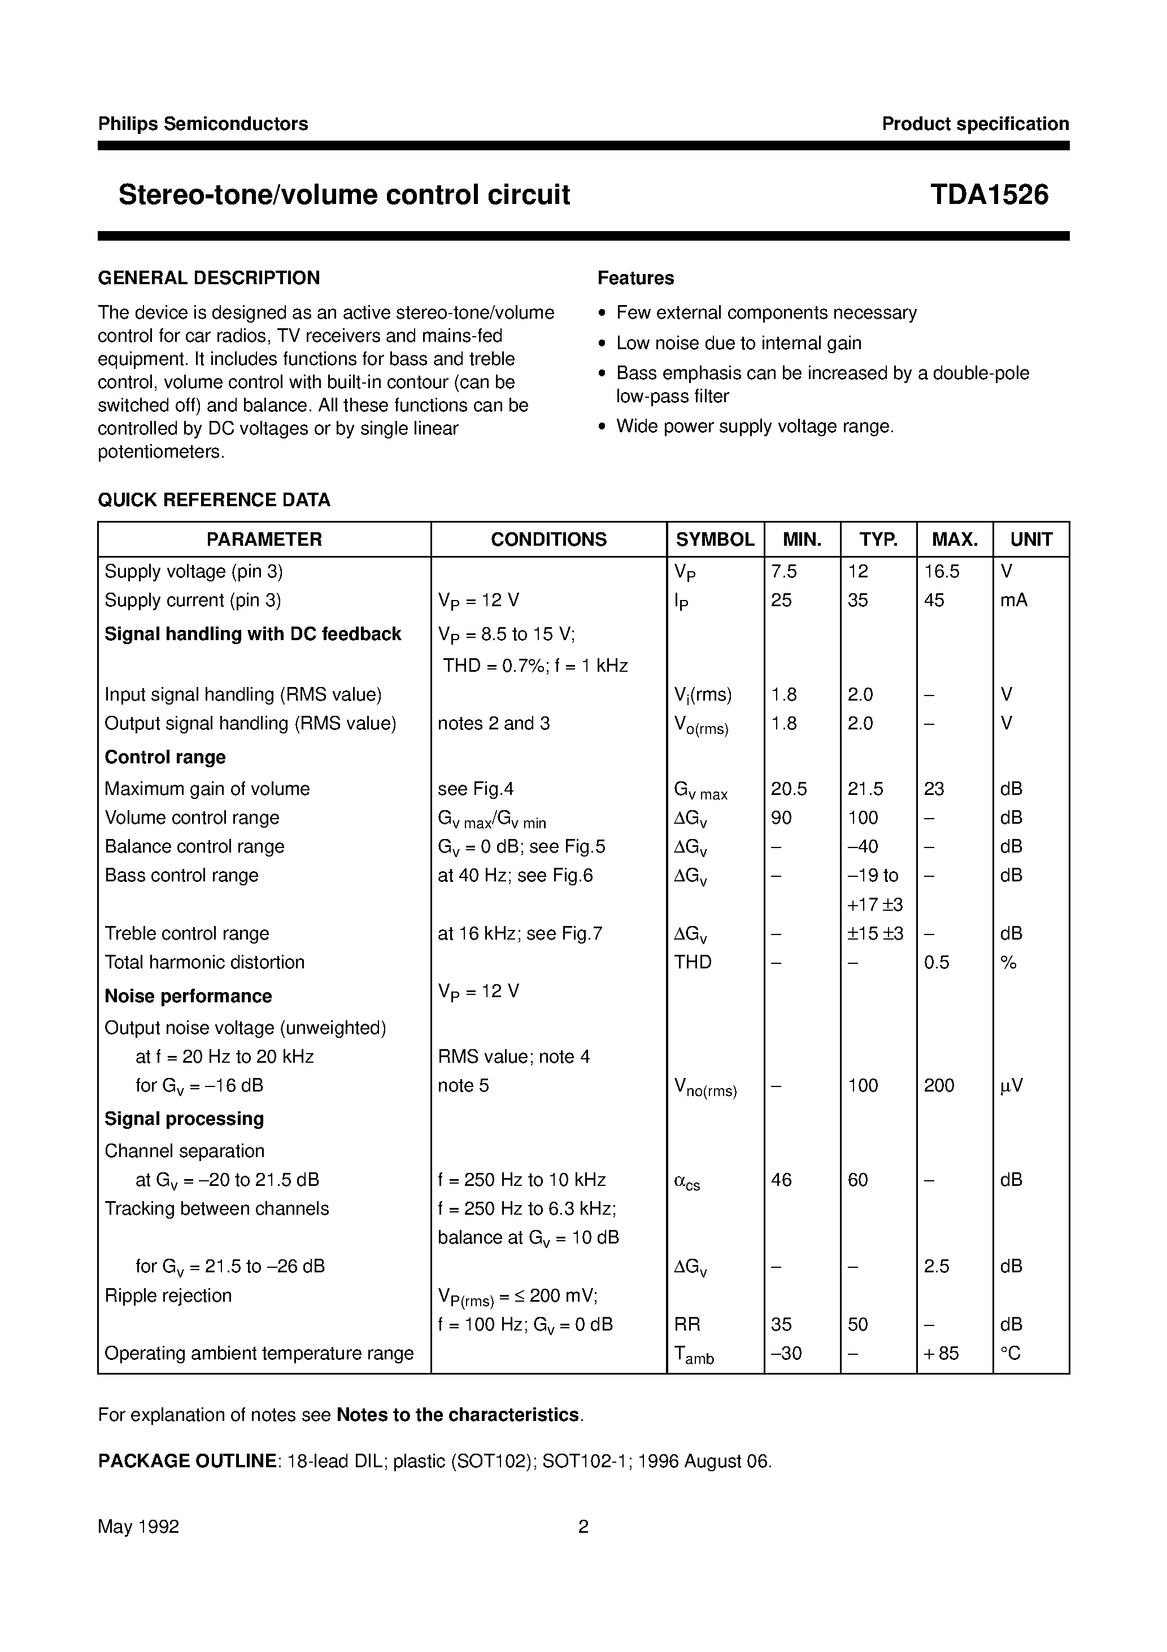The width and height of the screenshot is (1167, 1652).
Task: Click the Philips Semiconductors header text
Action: coord(203,124)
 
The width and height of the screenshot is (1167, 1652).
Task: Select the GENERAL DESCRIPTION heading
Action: coord(208,278)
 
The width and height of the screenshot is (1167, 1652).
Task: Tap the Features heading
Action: coord(635,278)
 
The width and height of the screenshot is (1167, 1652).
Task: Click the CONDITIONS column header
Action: coord(548,539)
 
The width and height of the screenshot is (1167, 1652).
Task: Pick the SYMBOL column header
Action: coord(715,539)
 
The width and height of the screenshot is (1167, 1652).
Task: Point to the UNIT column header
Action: coord(1030,539)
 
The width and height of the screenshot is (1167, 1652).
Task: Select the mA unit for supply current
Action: coord(1013,600)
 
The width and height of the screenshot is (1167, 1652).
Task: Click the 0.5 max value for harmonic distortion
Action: coord(936,962)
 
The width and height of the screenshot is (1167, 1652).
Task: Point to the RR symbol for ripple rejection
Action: coord(686,1324)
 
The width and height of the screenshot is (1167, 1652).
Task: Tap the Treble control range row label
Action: coord(186,933)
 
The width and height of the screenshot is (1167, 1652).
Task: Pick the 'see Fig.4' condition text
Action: coord(475,789)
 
